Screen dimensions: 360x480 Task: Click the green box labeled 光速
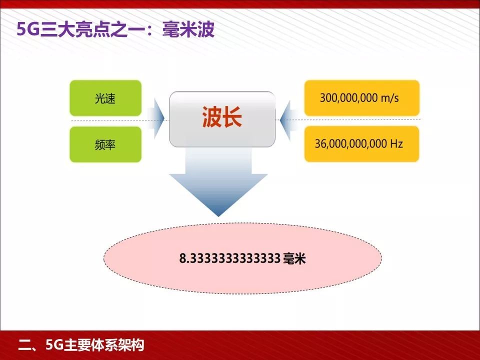tap(105, 98)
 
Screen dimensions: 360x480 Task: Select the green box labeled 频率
tap(105, 144)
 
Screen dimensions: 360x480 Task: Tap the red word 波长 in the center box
tap(222, 118)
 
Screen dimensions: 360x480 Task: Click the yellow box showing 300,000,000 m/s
tap(361, 98)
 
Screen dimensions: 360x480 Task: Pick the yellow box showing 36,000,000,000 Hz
tap(361, 144)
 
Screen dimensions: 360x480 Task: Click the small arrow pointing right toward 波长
tap(158, 118)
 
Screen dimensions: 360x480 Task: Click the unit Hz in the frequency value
tap(396, 144)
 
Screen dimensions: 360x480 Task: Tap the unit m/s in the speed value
tap(389, 98)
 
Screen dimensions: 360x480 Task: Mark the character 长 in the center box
tap(232, 118)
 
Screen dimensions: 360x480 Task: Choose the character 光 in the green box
tap(99, 98)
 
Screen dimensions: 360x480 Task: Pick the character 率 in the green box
tap(111, 144)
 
